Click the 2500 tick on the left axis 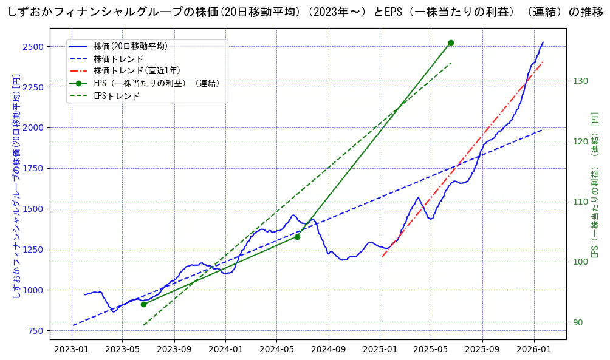[x=33, y=47]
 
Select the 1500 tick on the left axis [x=33, y=209]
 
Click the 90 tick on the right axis [x=578, y=322]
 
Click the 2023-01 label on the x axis [x=72, y=349]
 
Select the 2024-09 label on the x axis [x=328, y=349]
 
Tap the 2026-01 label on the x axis [x=534, y=349]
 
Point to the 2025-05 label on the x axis [x=431, y=349]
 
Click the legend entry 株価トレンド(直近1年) [x=137, y=71]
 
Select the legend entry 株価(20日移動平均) [x=130, y=46]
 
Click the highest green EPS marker [x=451, y=42]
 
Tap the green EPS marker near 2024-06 [x=297, y=237]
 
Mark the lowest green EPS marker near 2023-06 [x=143, y=304]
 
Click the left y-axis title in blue [x=16, y=186]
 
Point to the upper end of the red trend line [x=542, y=62]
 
